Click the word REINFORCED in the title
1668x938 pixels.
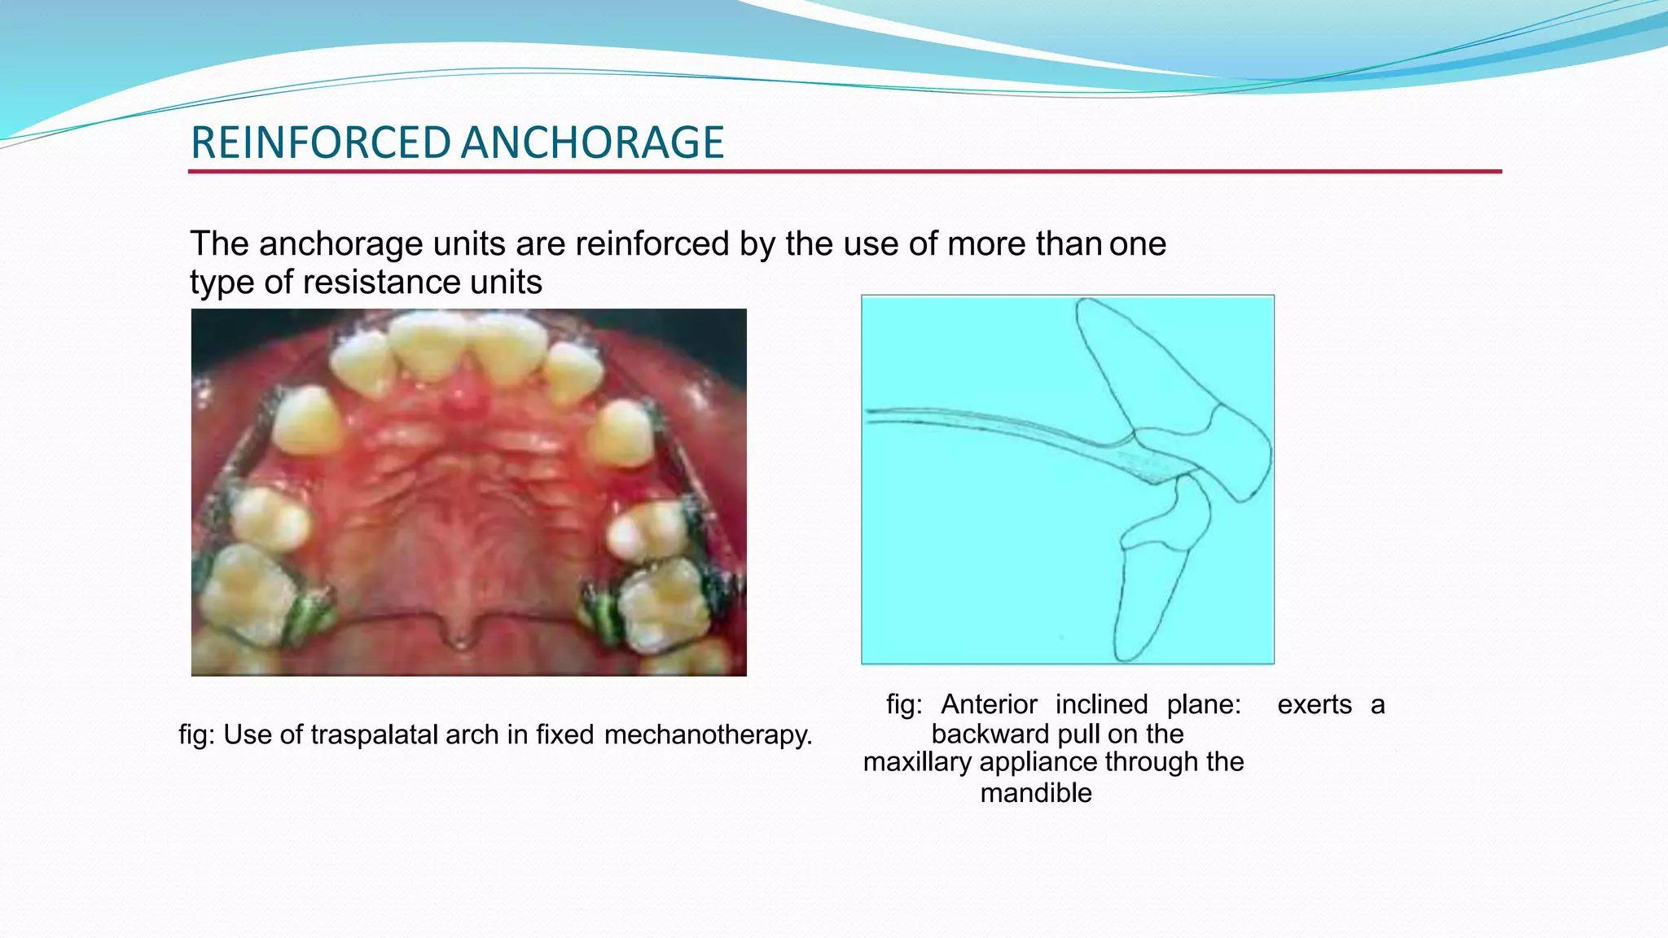coord(320,142)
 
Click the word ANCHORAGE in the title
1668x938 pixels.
coord(592,142)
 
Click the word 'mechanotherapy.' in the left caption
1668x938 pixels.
coord(708,734)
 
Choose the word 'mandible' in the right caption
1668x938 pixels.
coord(1035,792)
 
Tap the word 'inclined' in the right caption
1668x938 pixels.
coord(1101,704)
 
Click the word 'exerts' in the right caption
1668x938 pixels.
coord(1314,704)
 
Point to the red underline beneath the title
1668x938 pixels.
coord(844,172)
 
